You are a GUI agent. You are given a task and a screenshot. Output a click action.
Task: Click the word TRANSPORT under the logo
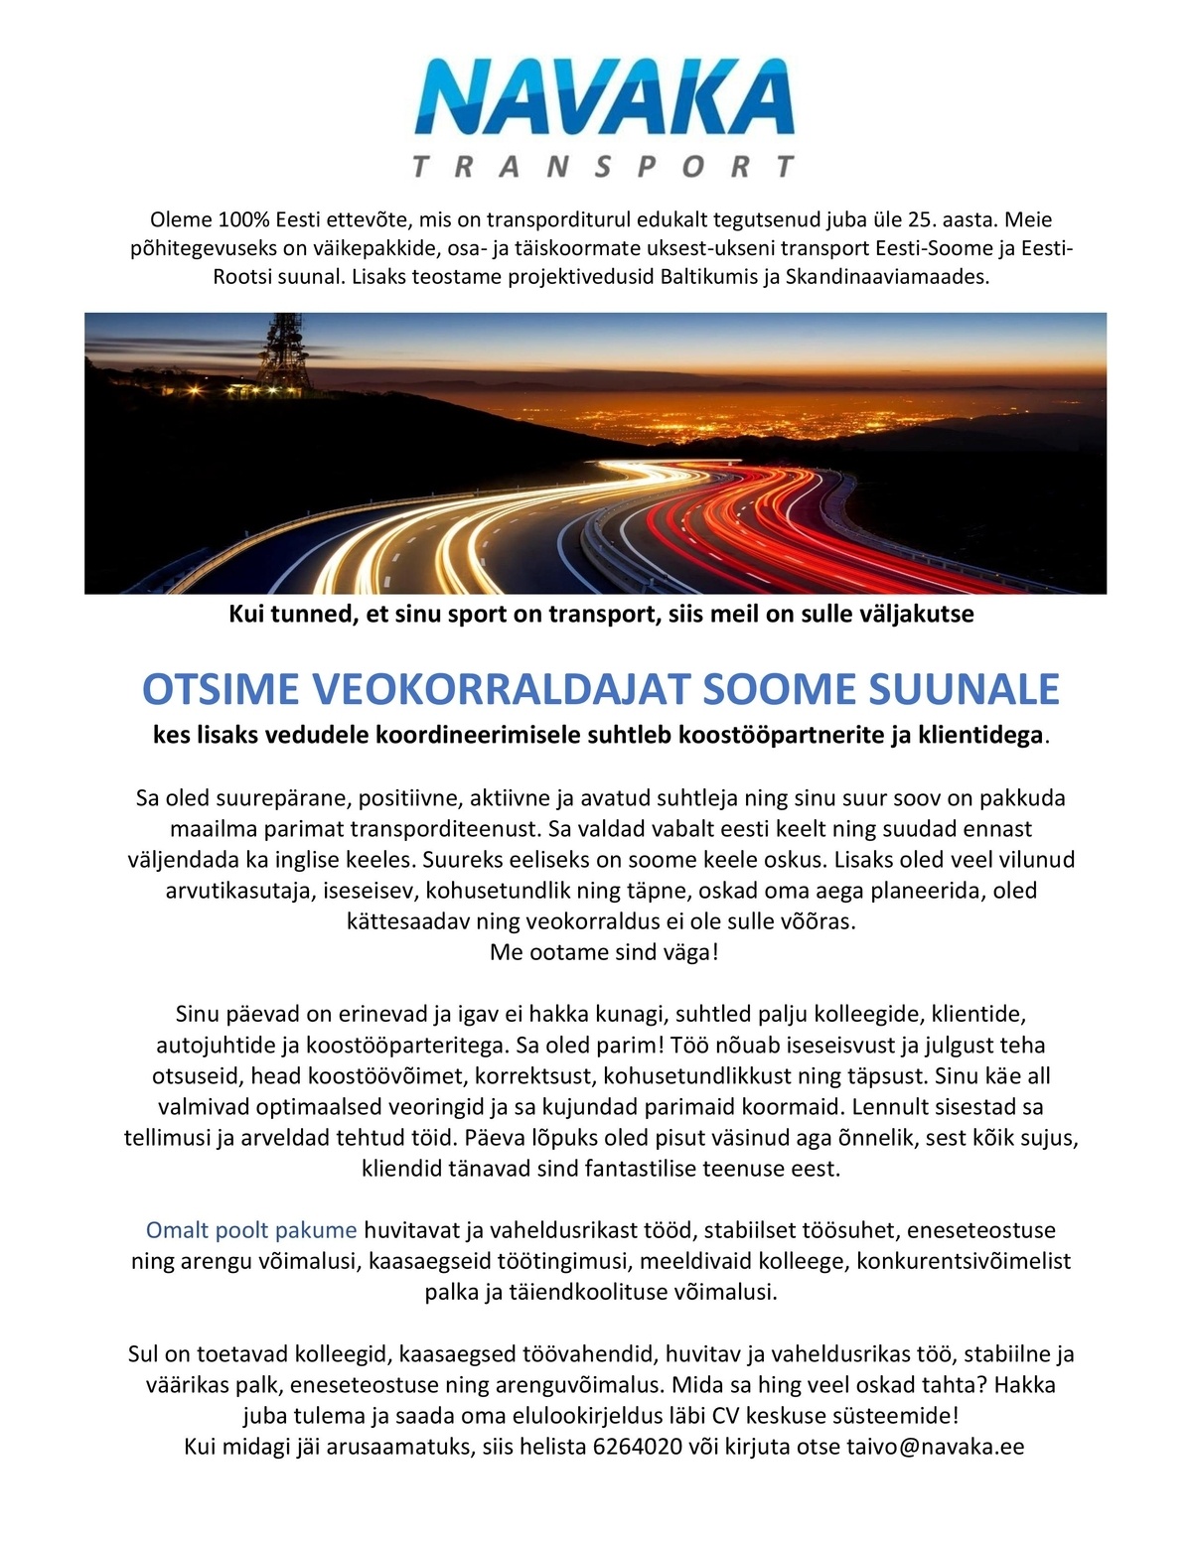(603, 166)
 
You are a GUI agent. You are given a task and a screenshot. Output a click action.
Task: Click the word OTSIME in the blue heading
(221, 688)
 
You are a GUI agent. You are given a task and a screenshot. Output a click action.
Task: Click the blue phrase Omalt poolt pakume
(251, 1230)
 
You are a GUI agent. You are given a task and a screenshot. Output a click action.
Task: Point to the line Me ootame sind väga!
(604, 952)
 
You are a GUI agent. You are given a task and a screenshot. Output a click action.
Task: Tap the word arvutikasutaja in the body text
(238, 890)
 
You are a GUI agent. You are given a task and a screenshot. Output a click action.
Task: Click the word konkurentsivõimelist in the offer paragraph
(964, 1261)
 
